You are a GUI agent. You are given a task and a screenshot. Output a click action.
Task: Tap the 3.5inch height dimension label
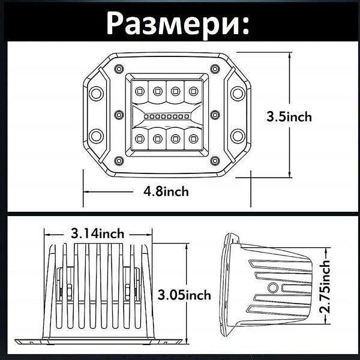click(x=289, y=117)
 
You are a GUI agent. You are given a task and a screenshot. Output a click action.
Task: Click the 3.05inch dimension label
click(x=184, y=295)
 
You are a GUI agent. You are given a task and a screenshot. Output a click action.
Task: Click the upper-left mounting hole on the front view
click(x=95, y=92)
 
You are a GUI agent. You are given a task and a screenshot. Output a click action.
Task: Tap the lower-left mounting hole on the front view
click(x=95, y=133)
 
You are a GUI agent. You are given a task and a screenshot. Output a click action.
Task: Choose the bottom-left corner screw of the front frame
click(x=119, y=161)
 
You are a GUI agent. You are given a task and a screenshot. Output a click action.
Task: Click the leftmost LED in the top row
click(x=139, y=91)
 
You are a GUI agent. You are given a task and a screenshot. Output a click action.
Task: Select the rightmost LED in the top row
click(x=193, y=91)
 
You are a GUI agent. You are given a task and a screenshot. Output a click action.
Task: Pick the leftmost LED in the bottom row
click(x=139, y=139)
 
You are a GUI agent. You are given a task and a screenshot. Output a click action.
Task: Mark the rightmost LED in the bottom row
click(x=193, y=139)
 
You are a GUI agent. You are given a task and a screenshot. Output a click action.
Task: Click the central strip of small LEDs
click(x=166, y=115)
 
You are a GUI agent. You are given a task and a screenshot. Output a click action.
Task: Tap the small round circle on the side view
click(x=273, y=288)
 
